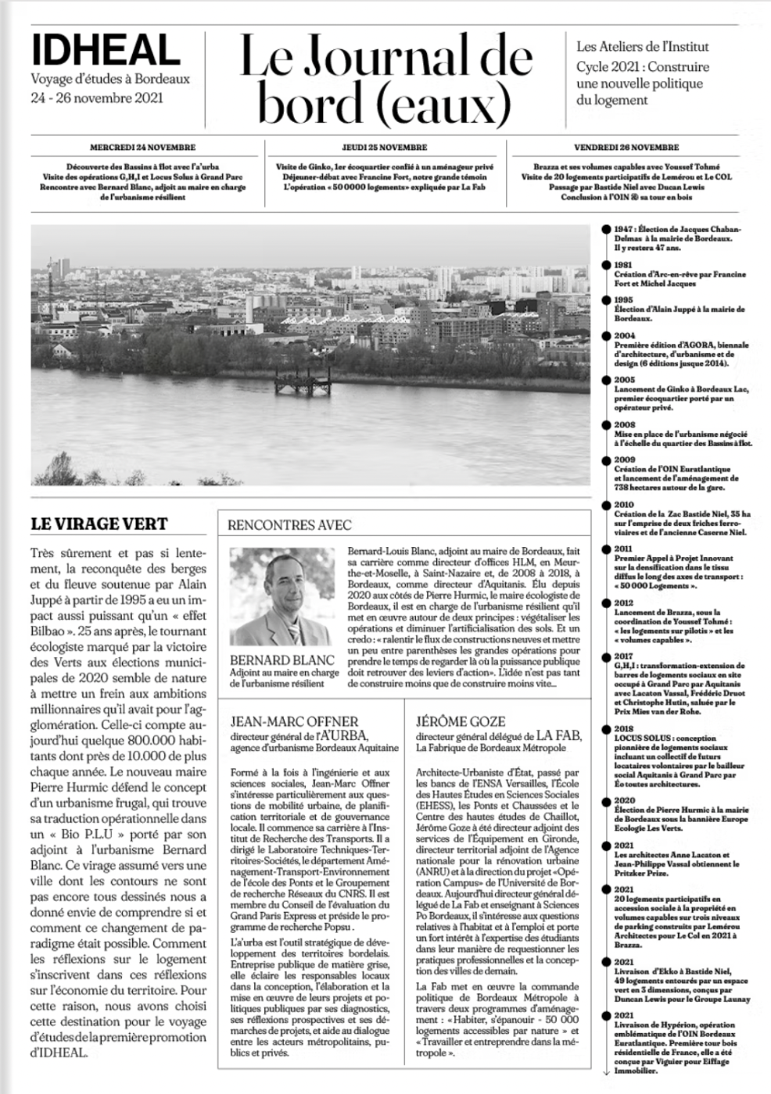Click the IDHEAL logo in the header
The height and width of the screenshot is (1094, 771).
pyautogui.click(x=106, y=51)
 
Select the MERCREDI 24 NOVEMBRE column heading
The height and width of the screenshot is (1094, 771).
pyautogui.click(x=142, y=147)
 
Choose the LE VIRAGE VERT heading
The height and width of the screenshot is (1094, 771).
pyautogui.click(x=99, y=524)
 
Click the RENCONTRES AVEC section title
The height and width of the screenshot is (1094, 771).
pyautogui.click(x=289, y=525)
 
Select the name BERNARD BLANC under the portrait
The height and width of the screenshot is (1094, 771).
pyautogui.click(x=282, y=660)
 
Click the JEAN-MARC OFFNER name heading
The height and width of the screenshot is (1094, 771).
pyautogui.click(x=294, y=720)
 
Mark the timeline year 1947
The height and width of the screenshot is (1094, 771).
pyautogui.click(x=624, y=229)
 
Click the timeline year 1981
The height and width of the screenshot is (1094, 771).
pyautogui.click(x=623, y=265)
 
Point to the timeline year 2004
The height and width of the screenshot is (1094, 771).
pyautogui.click(x=624, y=335)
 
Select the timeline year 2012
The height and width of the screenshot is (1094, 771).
pyautogui.click(x=624, y=603)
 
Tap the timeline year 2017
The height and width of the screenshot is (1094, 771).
pyautogui.click(x=624, y=656)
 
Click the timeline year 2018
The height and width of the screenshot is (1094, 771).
pyautogui.click(x=624, y=728)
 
